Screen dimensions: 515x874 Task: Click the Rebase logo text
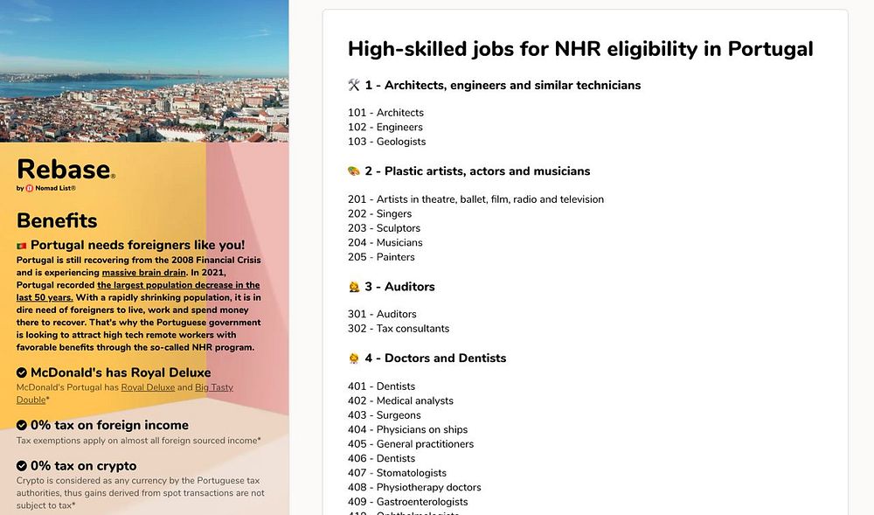[64, 169]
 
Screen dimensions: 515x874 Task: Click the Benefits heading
[57, 220]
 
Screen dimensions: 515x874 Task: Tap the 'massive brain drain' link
[143, 273]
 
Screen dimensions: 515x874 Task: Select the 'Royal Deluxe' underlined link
[148, 387]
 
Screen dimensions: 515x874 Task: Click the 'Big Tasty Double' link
[214, 387]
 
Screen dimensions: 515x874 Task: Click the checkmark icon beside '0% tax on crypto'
[22, 466]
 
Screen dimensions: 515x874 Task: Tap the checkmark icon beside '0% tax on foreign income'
[22, 426]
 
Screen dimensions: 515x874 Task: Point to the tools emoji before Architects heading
[354, 86]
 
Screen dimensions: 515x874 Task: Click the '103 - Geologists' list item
[386, 142]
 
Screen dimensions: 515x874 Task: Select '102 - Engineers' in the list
[385, 127]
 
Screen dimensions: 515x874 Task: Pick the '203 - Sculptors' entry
[384, 228]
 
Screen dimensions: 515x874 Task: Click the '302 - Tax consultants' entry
[399, 329]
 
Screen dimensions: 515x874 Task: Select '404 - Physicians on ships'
[407, 429]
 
